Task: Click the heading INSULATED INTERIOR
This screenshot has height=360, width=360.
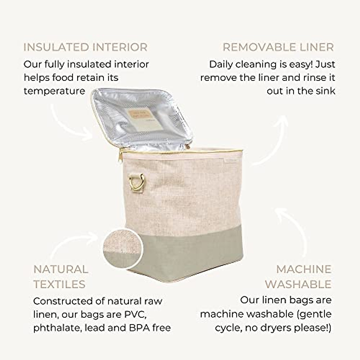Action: pos(85,47)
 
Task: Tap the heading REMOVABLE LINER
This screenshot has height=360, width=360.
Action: pos(278,47)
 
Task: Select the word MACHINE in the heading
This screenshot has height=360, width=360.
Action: pos(304,269)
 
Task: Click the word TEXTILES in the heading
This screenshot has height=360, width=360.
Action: pos(59,284)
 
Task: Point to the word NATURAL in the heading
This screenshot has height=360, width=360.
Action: pos(61,269)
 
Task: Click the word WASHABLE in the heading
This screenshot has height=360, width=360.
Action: pos(298,284)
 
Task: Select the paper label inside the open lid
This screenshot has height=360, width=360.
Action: pos(145,119)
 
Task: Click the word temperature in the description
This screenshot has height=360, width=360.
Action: pos(54,91)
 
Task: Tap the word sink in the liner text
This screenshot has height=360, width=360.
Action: pos(326,91)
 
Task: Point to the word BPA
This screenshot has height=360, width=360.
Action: pos(139,328)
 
